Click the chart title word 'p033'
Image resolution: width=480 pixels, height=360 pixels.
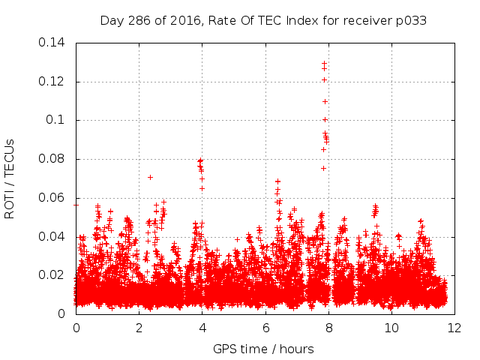point(412,21)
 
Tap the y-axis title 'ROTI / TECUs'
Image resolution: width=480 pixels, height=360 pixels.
point(10,178)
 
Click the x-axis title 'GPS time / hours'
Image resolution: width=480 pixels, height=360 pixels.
point(263,349)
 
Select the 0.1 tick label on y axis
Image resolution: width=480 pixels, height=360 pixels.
point(58,120)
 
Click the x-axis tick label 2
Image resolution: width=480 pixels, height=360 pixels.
point(139,328)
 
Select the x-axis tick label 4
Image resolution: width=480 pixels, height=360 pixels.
point(202,328)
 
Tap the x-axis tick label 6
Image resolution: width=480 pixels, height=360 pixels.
point(265,328)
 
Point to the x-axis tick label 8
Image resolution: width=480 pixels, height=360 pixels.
point(329,328)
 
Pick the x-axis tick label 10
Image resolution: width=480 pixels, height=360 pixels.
point(392,328)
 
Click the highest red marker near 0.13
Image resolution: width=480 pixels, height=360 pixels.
point(324,63)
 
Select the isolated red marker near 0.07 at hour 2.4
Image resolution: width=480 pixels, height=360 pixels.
point(151,177)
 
